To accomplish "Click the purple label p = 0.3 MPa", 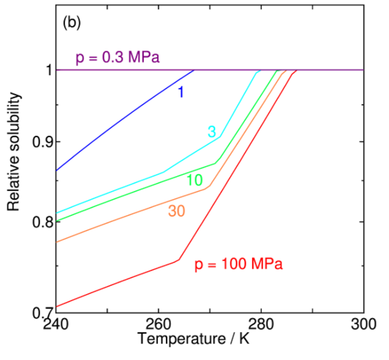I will pyautogui.click(x=117, y=58).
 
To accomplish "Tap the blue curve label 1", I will pyautogui.click(x=180, y=91).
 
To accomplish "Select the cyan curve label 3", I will pyautogui.click(x=212, y=132).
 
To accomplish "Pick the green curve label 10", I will pyautogui.click(x=195, y=181).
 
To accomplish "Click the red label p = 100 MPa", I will pyautogui.click(x=238, y=265).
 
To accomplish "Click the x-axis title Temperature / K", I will pyautogui.click(x=193, y=341).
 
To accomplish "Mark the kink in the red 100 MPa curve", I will pyautogui.click(x=179, y=260).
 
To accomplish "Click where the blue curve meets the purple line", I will pyautogui.click(x=194, y=70).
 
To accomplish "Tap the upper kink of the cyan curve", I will pyautogui.click(x=220, y=136).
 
